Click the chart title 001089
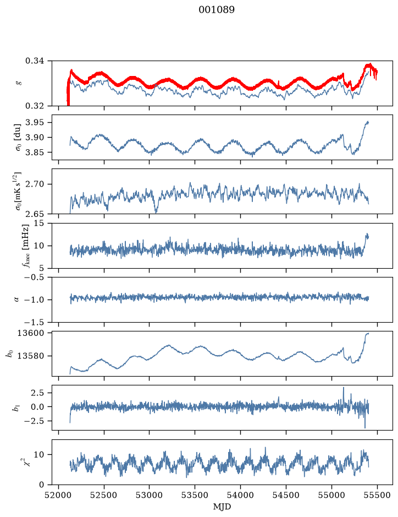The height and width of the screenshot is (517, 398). click(217, 10)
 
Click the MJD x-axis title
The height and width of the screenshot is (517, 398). click(222, 507)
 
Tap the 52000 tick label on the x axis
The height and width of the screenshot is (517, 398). click(59, 495)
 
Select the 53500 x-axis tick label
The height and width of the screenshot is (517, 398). click(195, 495)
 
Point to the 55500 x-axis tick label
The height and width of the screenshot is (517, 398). click(377, 495)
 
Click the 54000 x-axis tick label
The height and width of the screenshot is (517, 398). click(240, 495)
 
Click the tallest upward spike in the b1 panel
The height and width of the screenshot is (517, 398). click(344, 388)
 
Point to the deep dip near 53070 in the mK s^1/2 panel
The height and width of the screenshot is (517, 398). click(156, 213)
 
